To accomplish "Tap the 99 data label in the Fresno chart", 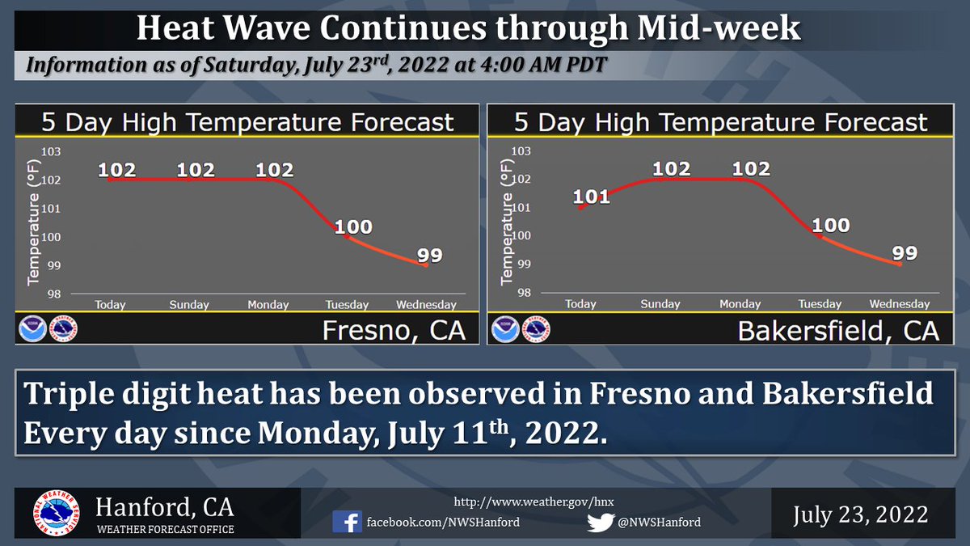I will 430,255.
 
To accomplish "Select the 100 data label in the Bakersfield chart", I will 831,225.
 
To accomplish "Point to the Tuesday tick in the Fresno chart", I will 347,305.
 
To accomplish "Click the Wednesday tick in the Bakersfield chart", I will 899,304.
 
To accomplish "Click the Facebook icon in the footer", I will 348,522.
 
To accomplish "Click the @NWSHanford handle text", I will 658,522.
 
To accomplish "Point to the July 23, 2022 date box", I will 860,514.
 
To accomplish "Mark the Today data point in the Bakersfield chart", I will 580,208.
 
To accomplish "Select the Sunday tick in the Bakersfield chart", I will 660,304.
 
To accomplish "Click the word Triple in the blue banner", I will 67,395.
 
